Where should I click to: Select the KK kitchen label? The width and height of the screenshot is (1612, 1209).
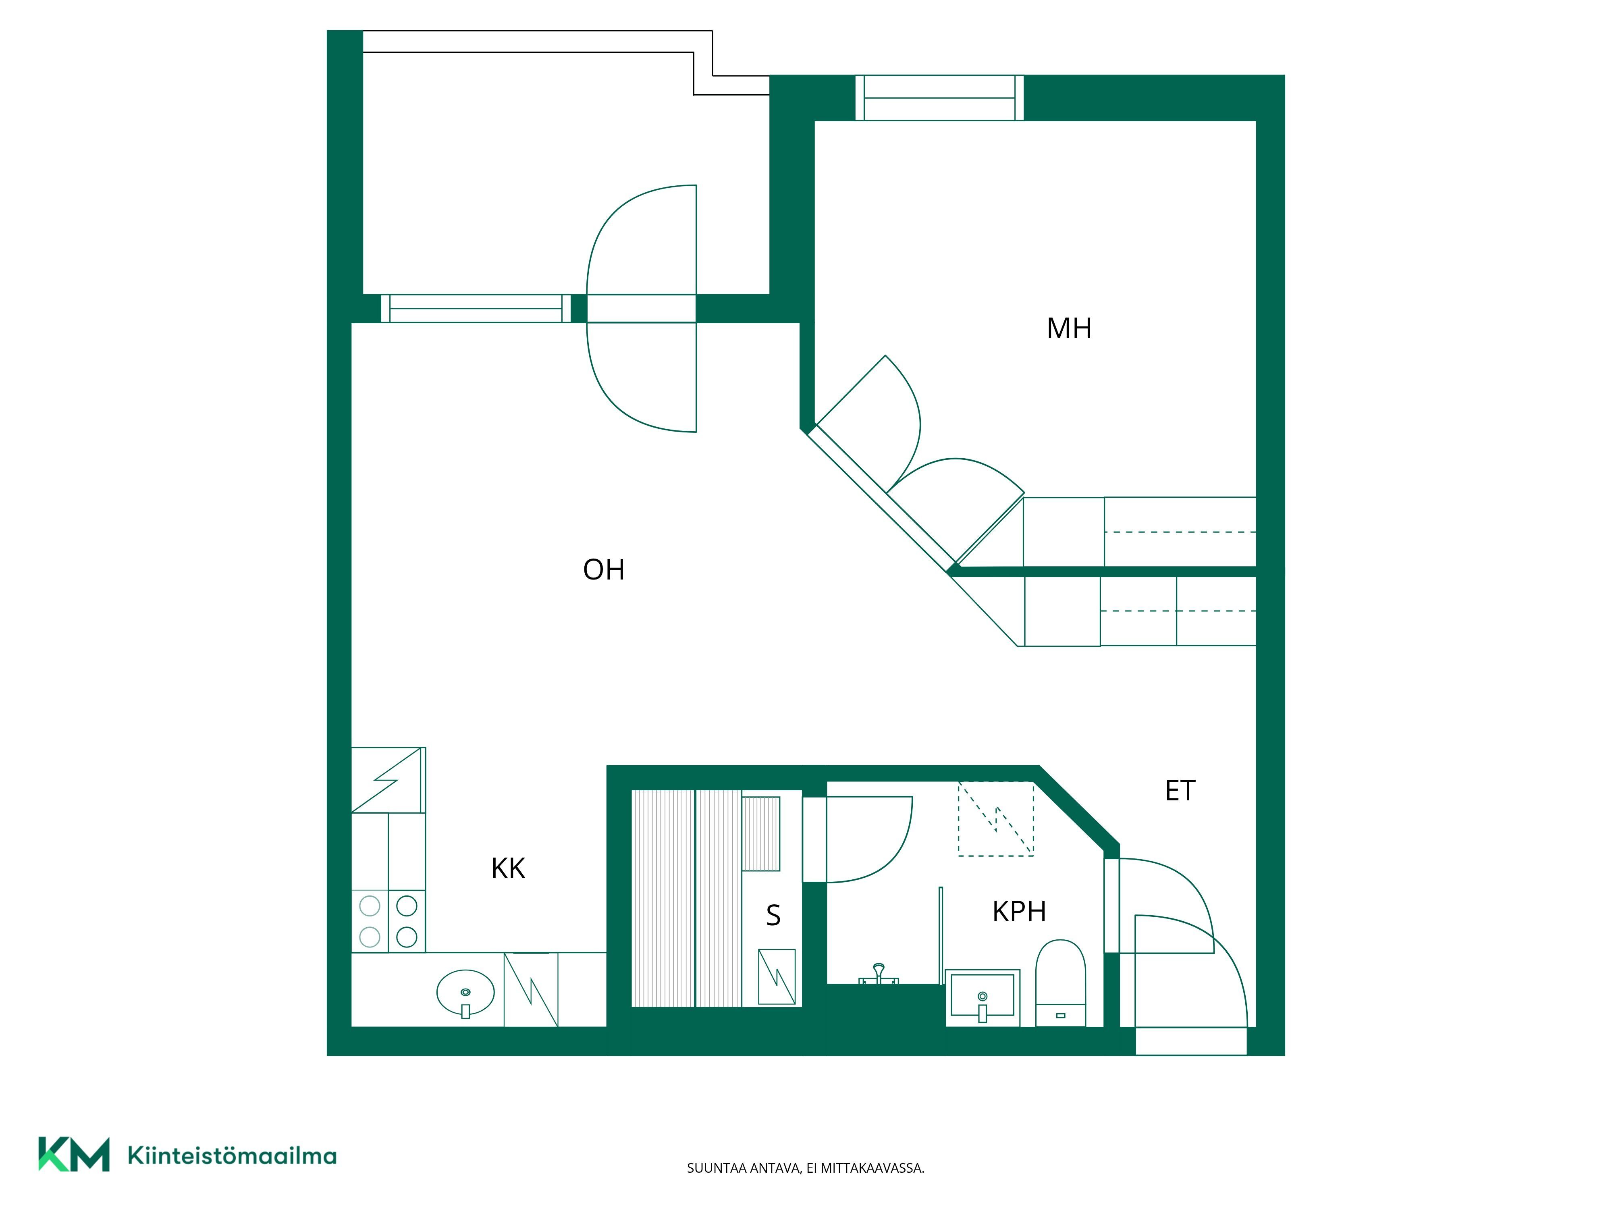tap(508, 868)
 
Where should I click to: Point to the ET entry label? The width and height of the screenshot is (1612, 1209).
tap(1180, 791)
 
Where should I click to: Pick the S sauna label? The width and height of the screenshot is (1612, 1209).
tap(773, 915)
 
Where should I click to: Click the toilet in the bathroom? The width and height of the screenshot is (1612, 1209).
tap(1060, 983)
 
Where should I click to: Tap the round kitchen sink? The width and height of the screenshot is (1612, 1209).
tap(465, 993)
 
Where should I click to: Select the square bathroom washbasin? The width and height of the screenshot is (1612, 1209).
tap(983, 998)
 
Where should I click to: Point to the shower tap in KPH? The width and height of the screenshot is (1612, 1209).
tap(879, 974)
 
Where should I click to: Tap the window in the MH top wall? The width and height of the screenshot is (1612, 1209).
tap(939, 98)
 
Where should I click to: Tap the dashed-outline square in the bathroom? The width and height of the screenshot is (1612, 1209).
tap(995, 818)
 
